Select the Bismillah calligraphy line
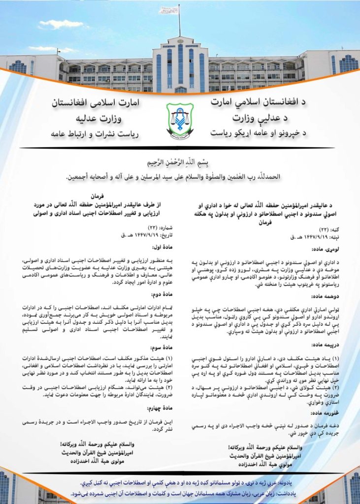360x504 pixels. tap(180, 162)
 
